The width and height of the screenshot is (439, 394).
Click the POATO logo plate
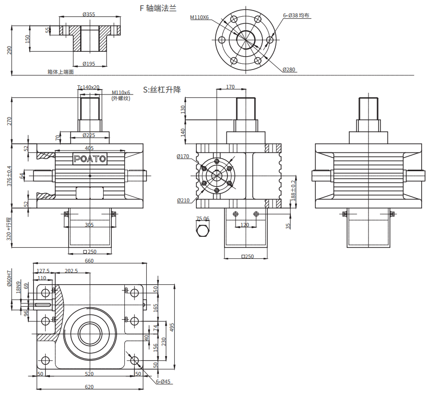tap(90, 159)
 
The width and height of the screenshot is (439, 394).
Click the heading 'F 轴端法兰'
tap(158, 8)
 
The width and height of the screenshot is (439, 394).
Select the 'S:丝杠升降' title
tap(162, 90)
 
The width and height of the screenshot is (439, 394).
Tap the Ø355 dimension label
tap(89, 14)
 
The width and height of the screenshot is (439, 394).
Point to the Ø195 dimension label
tap(89, 64)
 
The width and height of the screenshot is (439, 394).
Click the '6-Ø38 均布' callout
tap(296, 15)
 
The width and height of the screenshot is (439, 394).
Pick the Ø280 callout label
tap(289, 70)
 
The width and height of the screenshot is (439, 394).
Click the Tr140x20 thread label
tap(88, 87)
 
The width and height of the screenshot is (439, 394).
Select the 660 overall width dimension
tap(89, 261)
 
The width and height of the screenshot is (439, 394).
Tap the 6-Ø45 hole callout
tap(163, 382)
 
